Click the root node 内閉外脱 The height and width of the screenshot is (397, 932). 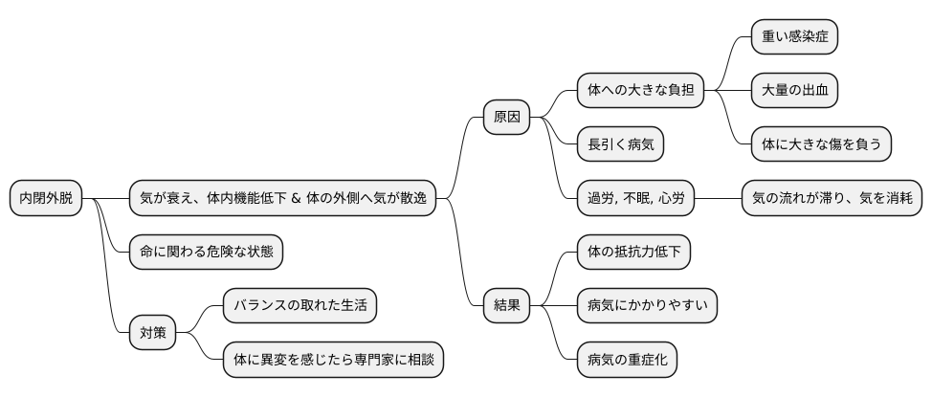(x=45, y=198)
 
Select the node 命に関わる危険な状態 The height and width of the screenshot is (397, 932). (x=206, y=252)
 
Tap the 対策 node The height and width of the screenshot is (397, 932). (x=153, y=333)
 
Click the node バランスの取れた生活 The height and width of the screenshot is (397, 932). (x=300, y=306)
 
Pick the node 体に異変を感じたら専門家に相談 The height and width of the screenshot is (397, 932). (x=333, y=360)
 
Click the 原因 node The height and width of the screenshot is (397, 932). (x=505, y=118)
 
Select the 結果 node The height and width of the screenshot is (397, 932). (x=505, y=306)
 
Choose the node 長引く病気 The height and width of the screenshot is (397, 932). (x=620, y=144)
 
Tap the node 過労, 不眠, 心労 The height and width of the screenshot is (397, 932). (x=635, y=198)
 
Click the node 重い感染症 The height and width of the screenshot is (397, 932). (x=795, y=37)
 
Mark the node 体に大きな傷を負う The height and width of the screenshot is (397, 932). (x=822, y=144)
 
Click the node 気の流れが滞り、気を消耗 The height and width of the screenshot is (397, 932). (x=832, y=198)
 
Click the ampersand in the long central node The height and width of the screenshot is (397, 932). (x=296, y=199)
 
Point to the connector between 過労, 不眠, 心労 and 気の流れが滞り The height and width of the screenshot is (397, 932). (x=719, y=198)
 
